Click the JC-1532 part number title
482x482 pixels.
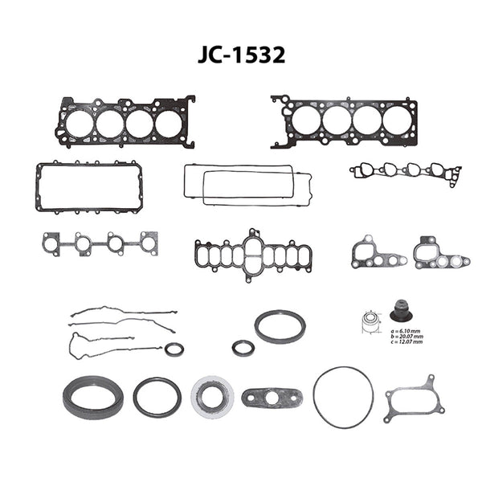click(241, 55)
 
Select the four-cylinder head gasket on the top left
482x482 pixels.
click(125, 122)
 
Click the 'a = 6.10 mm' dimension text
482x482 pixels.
click(406, 331)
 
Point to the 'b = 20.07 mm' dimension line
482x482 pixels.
click(406, 337)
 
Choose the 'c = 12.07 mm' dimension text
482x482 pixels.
click(406, 342)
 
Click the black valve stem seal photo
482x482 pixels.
click(401, 312)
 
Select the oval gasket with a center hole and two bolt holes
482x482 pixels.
click(272, 398)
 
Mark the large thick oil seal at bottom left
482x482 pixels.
click(93, 398)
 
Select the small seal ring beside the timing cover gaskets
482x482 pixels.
click(174, 349)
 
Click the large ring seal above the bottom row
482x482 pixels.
click(280, 326)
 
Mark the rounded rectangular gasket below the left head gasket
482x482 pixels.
click(88, 186)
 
